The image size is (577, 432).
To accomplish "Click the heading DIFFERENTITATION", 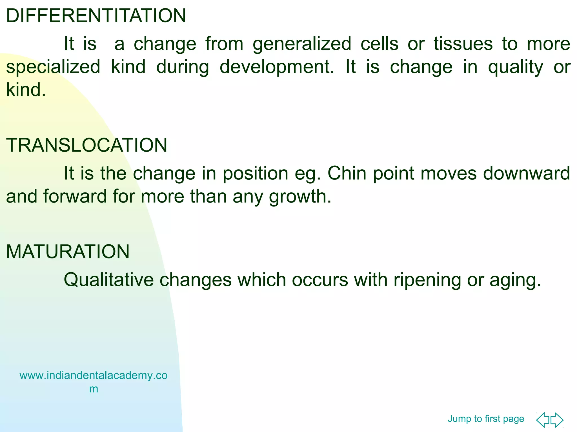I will [96, 16].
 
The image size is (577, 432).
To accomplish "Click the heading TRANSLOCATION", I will [86, 145].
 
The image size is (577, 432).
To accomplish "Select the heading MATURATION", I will [68, 251].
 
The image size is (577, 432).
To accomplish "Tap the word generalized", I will [302, 44].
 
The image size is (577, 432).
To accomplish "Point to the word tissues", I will [463, 44].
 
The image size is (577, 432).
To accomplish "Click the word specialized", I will [53, 67].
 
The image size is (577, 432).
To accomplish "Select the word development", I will [276, 67].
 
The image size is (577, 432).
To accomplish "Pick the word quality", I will [515, 67].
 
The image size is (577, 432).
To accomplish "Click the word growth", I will [300, 196].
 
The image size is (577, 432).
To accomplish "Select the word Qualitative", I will [109, 280].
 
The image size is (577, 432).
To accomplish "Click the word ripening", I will [427, 280].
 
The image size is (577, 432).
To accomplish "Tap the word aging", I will [515, 280].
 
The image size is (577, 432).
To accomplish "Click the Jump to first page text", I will [486, 419].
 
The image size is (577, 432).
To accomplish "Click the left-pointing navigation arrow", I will [542, 420].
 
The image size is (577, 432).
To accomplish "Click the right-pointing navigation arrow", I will [557, 420].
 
